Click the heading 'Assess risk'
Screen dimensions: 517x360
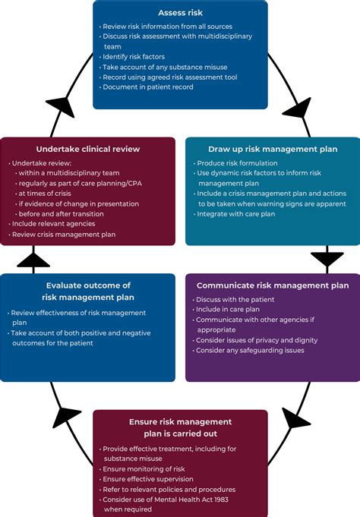tap(181, 13)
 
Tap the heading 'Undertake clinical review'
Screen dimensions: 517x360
tap(87, 149)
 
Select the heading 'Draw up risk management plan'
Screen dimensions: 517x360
tap(273, 149)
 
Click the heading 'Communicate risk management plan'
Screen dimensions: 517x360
tap(273, 285)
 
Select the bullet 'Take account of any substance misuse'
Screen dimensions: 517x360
tap(166, 67)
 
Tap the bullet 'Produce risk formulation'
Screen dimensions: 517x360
tap(237, 163)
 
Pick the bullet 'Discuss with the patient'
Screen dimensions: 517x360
tap(235, 299)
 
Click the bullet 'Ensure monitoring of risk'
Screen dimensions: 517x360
tap(145, 469)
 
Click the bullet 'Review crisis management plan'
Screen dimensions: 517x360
tap(64, 235)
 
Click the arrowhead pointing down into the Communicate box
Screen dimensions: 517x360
tap(327, 260)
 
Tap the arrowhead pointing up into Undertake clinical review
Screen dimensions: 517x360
tap(33, 260)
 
